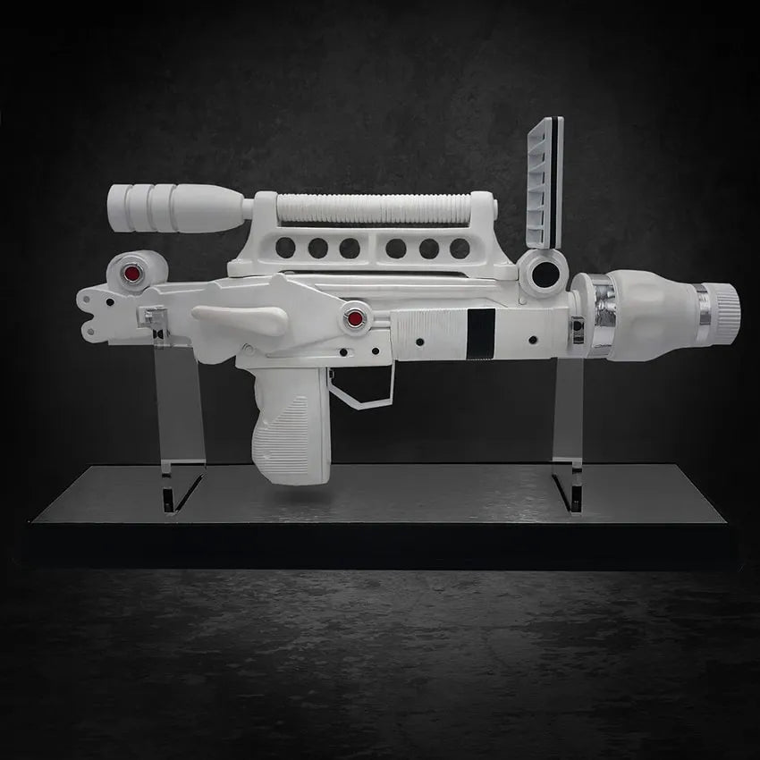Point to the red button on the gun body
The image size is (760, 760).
[x=356, y=317]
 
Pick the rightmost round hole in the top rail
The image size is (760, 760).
[x=461, y=249]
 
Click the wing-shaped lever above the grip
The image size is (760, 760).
[x=240, y=320]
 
